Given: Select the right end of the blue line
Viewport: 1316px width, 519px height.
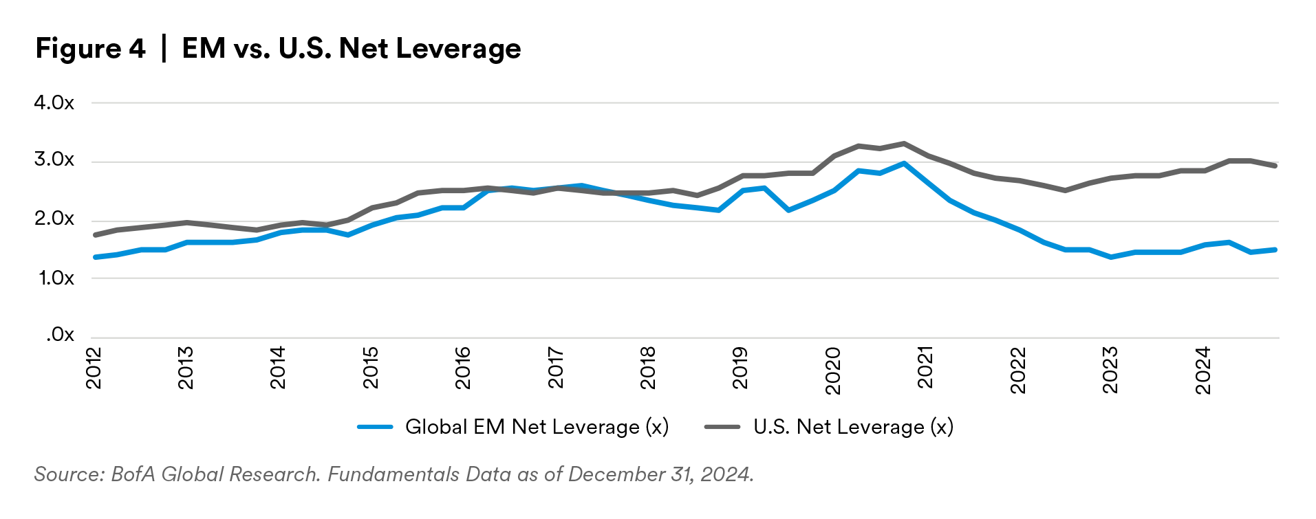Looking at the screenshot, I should (1277, 250).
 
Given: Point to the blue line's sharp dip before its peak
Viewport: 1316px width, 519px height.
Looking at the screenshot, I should (788, 210).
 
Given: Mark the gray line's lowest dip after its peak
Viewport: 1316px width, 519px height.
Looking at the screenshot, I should (1064, 192).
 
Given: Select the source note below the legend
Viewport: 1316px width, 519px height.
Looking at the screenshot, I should (392, 474).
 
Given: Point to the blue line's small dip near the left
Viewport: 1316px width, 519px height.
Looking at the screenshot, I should (347, 235).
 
